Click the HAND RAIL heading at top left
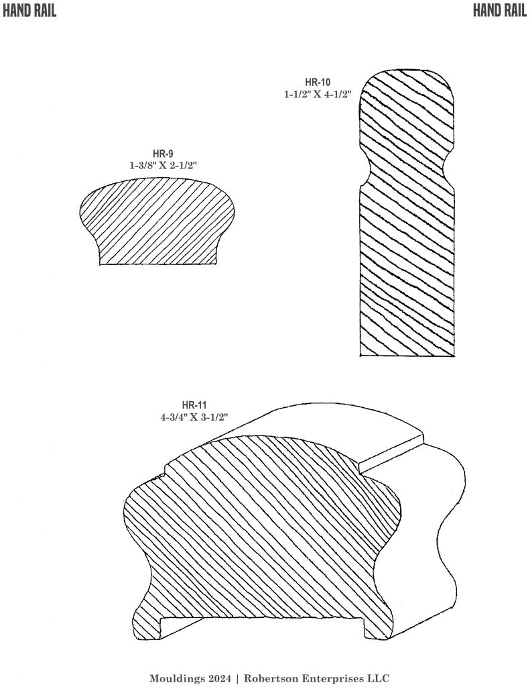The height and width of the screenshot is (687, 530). (29, 10)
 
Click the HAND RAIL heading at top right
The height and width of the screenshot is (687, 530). (501, 10)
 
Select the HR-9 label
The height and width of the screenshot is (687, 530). (162, 153)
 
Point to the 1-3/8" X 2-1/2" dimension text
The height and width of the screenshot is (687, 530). (162, 164)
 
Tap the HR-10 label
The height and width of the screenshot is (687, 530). (318, 83)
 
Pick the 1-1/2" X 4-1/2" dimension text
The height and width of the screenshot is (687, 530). (318, 95)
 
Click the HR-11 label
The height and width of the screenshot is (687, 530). (194, 405)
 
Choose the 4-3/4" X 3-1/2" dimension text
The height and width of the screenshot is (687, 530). (194, 417)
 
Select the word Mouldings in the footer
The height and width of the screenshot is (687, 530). (174, 678)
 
